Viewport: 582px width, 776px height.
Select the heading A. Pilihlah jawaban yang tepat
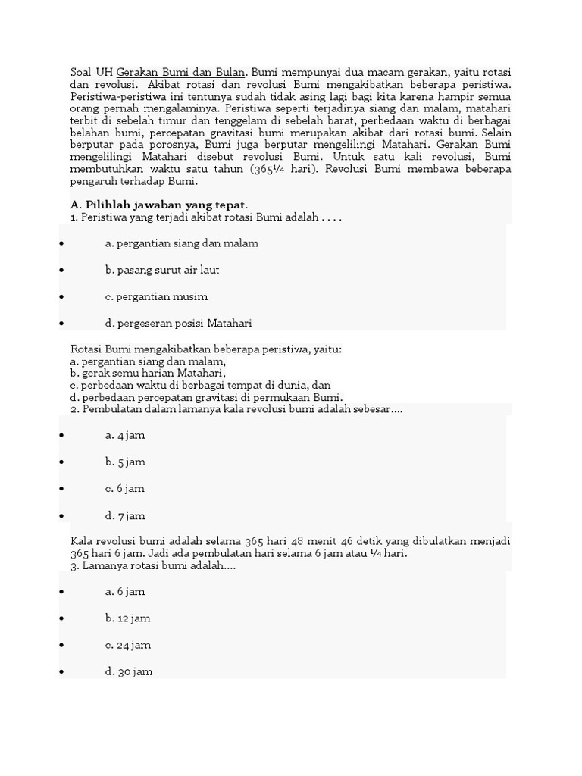click(159, 205)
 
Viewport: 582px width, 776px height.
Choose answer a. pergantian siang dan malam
click(182, 243)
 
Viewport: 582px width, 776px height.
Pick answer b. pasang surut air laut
click(162, 270)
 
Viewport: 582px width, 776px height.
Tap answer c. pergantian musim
click(156, 296)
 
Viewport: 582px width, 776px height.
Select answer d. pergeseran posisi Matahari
click(178, 323)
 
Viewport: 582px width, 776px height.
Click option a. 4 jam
click(125, 435)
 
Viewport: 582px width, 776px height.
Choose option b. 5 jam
click(125, 462)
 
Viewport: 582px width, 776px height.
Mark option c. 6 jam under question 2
click(125, 489)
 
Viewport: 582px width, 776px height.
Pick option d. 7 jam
click(125, 515)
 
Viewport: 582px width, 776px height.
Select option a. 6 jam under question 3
click(125, 591)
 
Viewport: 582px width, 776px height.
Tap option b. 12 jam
click(128, 618)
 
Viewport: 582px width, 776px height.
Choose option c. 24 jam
click(128, 645)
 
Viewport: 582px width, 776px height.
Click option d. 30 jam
click(128, 671)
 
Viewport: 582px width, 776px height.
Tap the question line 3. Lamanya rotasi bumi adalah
click(152, 565)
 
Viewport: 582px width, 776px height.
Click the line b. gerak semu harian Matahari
click(148, 373)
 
